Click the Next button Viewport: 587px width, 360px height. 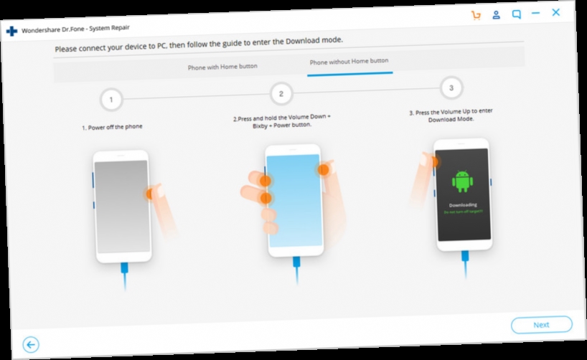541,324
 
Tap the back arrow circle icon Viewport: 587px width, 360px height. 30,345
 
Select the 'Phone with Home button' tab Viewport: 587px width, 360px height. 222,67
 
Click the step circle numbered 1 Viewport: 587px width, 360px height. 111,100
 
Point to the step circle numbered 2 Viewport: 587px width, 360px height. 281,93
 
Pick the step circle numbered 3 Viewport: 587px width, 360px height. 451,88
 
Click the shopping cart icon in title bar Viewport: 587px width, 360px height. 476,14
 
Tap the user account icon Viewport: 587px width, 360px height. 496,14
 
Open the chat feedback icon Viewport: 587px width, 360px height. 516,14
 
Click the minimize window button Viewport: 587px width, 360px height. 536,14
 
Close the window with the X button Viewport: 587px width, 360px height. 555,12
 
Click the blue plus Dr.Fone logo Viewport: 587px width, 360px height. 11,31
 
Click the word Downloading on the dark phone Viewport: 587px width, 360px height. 463,205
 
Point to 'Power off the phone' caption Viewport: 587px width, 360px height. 112,127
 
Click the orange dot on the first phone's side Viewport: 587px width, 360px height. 149,193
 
